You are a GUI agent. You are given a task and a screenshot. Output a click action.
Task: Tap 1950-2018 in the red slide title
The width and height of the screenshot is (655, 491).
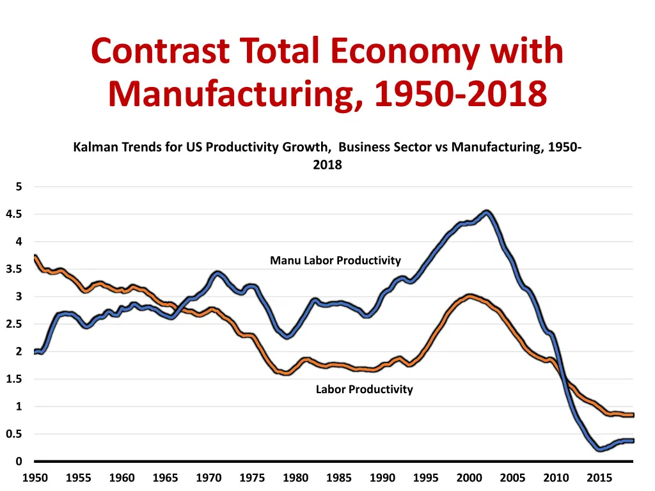[x=461, y=94]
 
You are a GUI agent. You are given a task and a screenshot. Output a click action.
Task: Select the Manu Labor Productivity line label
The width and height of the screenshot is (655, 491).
[x=335, y=260]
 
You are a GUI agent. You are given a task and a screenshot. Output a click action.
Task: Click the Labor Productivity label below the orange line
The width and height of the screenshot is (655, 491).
[x=364, y=389]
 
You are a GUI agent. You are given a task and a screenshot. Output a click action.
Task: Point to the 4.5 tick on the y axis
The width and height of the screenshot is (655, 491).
[x=14, y=215]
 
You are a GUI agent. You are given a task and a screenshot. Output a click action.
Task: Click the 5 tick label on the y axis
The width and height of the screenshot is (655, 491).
[x=19, y=187]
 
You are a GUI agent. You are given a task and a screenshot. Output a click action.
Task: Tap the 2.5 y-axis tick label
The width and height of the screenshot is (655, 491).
[x=14, y=325]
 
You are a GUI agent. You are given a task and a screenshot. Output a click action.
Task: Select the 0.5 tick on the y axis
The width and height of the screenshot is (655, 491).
[x=14, y=435]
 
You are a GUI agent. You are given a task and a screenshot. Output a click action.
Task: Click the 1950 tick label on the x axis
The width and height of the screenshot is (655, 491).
[x=35, y=478]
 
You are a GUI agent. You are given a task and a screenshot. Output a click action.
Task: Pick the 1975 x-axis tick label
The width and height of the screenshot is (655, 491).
[x=252, y=478]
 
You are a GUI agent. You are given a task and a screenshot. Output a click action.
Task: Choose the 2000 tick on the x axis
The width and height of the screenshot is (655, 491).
[x=469, y=478]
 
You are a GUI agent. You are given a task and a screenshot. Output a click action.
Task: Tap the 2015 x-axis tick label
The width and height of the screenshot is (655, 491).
[x=599, y=478]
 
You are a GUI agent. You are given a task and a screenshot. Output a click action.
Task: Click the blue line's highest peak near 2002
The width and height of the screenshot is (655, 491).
[x=487, y=212]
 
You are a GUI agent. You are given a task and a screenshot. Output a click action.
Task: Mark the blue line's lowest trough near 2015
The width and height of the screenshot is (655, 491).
[x=599, y=449]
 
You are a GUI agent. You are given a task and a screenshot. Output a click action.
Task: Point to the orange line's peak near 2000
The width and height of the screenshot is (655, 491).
[x=470, y=296]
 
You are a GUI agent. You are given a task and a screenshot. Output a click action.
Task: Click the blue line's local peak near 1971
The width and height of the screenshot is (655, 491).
[x=218, y=274]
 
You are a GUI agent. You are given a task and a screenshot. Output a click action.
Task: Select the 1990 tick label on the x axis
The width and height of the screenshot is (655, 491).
[x=383, y=478]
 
